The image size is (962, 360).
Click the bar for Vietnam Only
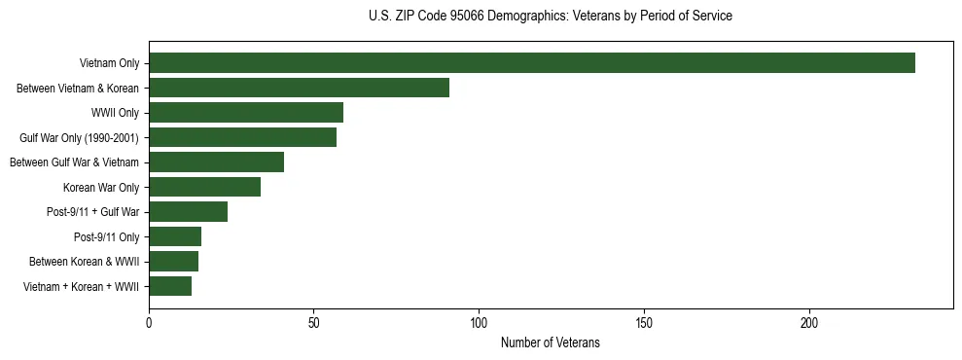[x=532, y=63]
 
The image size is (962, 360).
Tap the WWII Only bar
[x=246, y=113]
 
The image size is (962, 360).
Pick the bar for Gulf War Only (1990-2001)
[x=243, y=137]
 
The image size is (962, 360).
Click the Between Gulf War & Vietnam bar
[x=216, y=162]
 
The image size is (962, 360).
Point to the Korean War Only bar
[x=204, y=187]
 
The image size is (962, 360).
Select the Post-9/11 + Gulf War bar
[x=188, y=212]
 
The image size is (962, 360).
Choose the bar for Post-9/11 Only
[x=175, y=236]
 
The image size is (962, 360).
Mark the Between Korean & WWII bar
[x=173, y=262]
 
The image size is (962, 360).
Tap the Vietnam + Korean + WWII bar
[x=170, y=286]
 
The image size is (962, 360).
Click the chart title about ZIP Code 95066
[x=551, y=17]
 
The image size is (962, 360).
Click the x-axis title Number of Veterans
[x=551, y=343]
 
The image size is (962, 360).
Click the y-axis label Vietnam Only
[x=109, y=63]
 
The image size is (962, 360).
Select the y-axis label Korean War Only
[x=101, y=187]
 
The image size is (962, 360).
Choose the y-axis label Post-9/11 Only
[x=106, y=236]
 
